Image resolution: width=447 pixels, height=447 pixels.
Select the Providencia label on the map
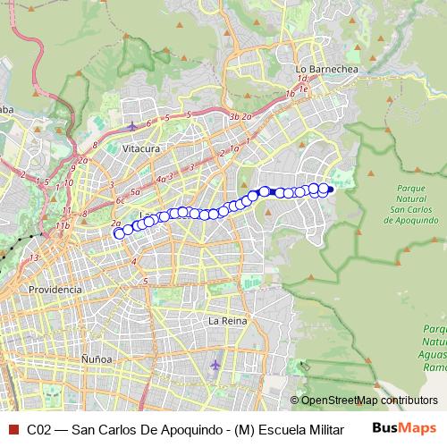pyautogui.click(x=55, y=290)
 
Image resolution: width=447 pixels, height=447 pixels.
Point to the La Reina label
pyautogui.click(x=226, y=320)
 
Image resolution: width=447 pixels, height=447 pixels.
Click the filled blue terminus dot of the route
pyautogui.click(x=330, y=189)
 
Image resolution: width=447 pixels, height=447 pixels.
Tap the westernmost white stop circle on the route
pyautogui.click(x=119, y=233)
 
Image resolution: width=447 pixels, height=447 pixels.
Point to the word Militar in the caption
pyautogui.click(x=323, y=428)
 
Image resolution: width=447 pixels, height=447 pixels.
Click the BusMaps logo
pyautogui.click(x=403, y=427)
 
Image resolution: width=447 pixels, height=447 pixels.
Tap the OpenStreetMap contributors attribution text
pyautogui.click(x=363, y=401)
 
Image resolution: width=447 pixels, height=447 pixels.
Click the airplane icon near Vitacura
pyautogui.click(x=133, y=125)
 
